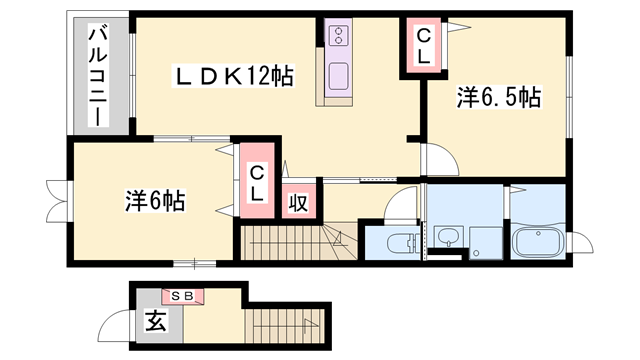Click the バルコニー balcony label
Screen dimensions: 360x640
click(x=98, y=76)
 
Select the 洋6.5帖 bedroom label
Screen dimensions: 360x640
click(x=499, y=97)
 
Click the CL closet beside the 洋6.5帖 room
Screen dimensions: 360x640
click(x=423, y=48)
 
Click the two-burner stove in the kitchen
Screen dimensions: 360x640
click(x=338, y=36)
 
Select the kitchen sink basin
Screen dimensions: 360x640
click(x=338, y=76)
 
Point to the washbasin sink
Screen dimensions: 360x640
click(x=447, y=238)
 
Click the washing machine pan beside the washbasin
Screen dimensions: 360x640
click(x=486, y=240)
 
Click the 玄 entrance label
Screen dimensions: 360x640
click(x=156, y=322)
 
